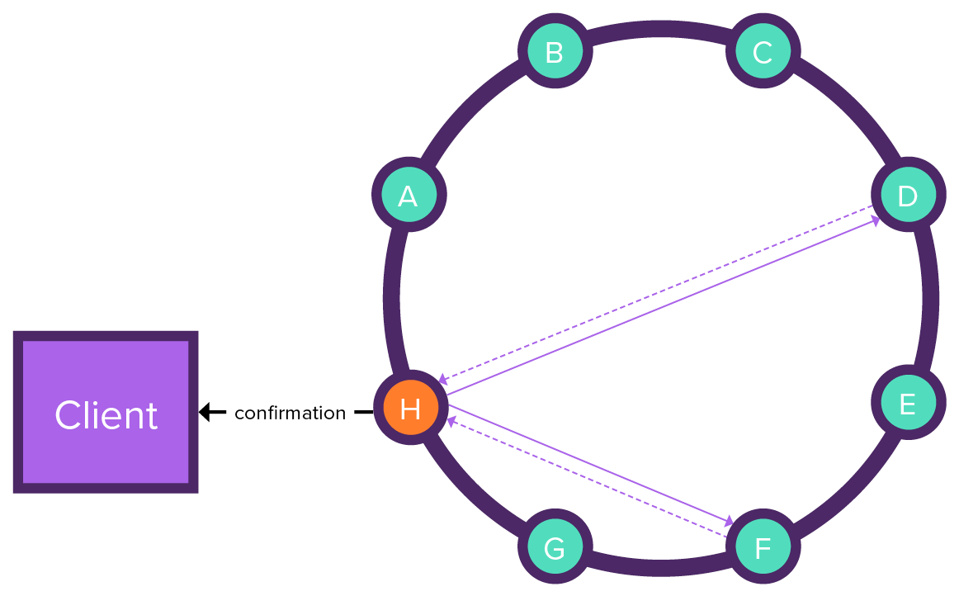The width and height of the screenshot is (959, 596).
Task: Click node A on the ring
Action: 408,195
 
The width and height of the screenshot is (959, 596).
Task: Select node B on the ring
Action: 555,52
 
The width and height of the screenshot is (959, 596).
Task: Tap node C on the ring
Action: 763,52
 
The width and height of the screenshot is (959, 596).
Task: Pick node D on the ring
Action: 907,195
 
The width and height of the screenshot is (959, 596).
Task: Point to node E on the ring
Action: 907,404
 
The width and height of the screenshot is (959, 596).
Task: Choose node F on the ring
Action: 763,546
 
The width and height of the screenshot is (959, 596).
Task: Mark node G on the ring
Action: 555,546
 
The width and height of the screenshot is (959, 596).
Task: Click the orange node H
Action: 410,409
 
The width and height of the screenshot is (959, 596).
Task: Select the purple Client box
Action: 106,412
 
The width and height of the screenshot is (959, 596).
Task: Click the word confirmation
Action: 290,413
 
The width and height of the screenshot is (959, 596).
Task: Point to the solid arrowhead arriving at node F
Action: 730,522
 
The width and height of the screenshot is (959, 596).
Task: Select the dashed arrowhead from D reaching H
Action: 443,380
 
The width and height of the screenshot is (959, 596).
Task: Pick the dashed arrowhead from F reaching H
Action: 451,421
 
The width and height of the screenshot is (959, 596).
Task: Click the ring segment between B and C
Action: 659,30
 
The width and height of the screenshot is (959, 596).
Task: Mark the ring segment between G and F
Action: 659,567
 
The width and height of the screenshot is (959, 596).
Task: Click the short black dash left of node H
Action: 363,412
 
